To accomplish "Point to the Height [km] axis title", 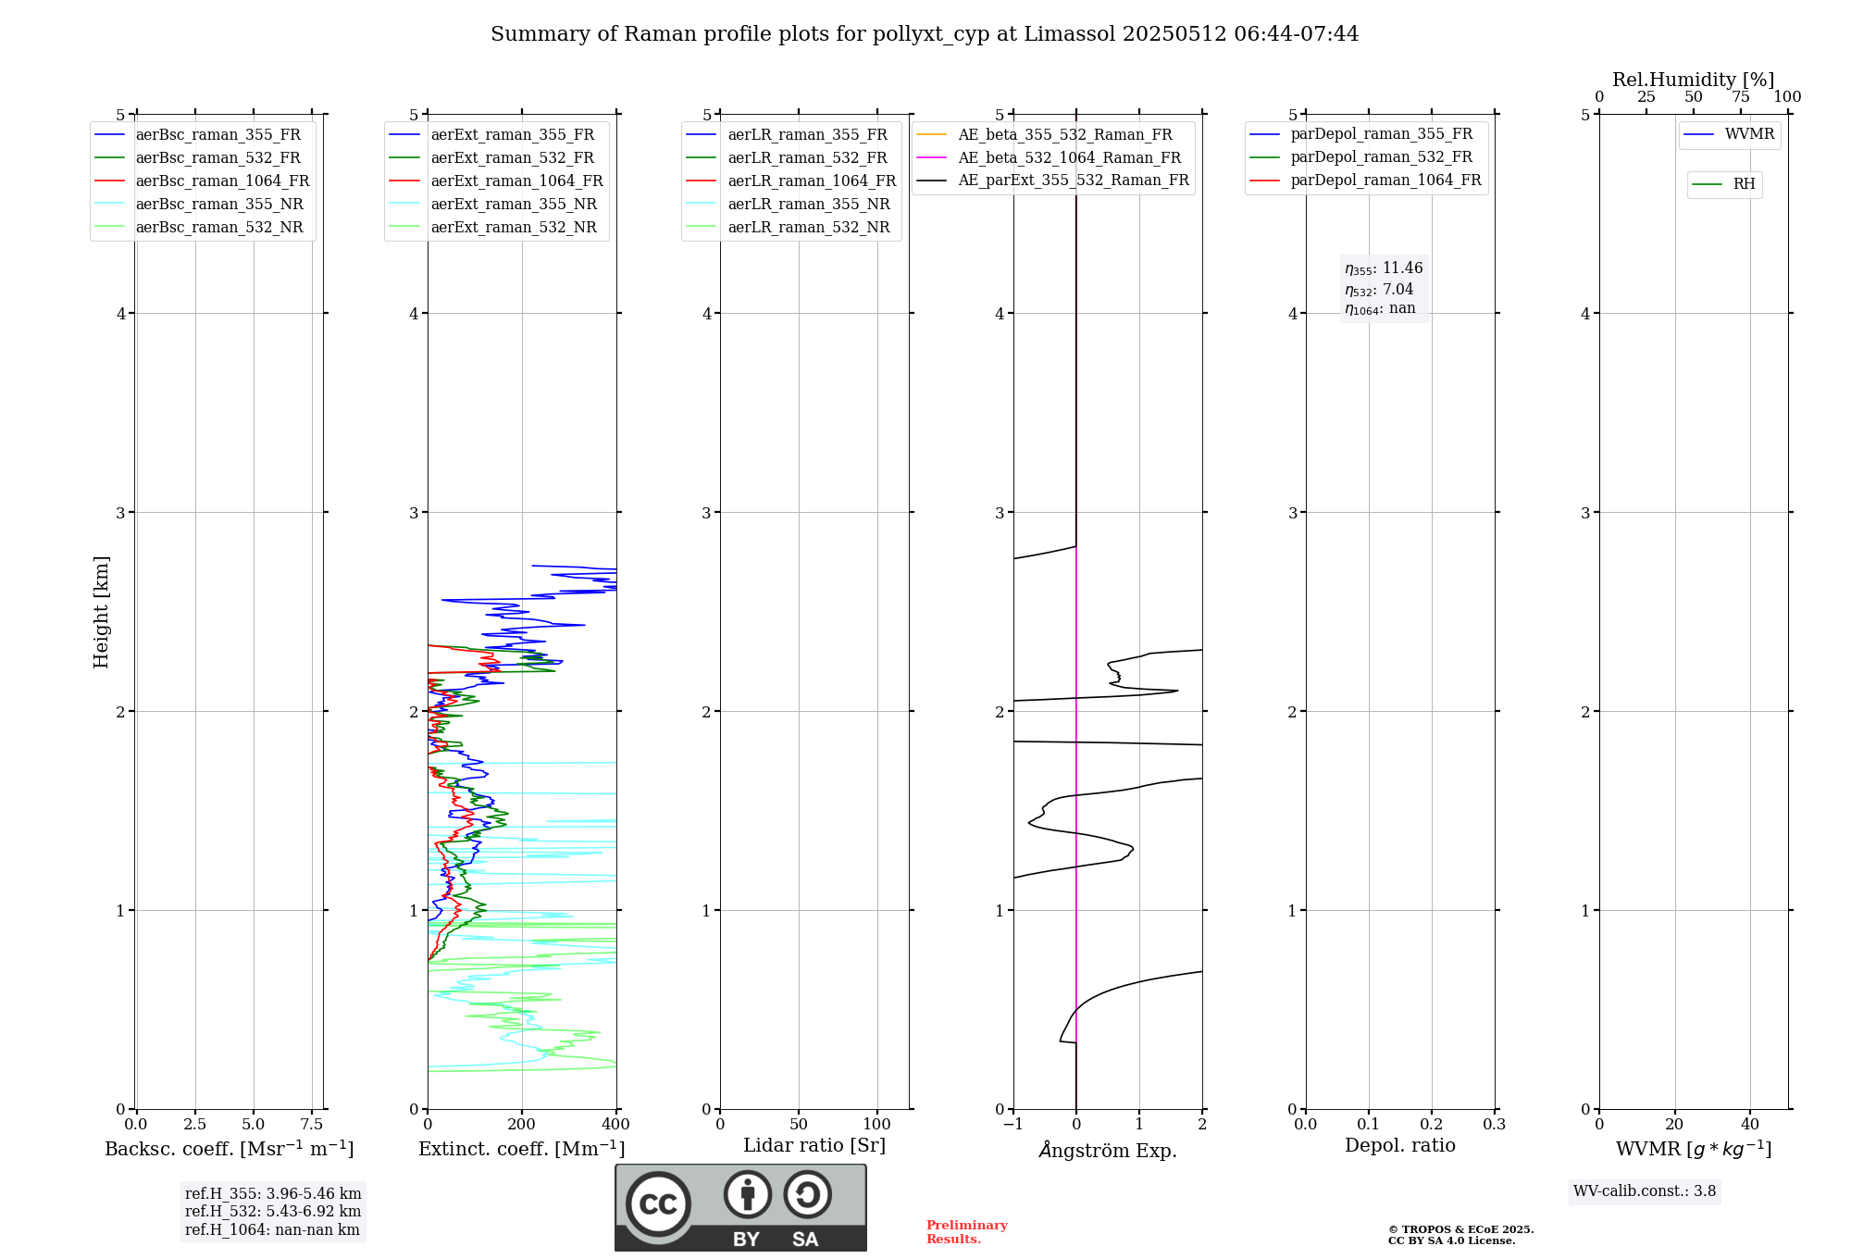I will pyautogui.click(x=101, y=612).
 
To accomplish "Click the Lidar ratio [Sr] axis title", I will pyautogui.click(x=814, y=1146).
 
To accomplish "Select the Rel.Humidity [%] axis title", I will pyautogui.click(x=1693, y=80).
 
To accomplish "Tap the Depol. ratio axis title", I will pyautogui.click(x=1399, y=1146).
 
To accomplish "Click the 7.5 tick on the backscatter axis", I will pyautogui.click(x=312, y=1125).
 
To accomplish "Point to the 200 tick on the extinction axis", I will pyautogui.click(x=522, y=1125).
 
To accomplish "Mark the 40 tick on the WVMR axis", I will pyautogui.click(x=1749, y=1125).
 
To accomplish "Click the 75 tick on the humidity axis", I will pyautogui.click(x=1740, y=97).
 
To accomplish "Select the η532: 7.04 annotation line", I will pyautogui.click(x=1379, y=290).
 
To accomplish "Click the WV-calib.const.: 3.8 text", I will pyautogui.click(x=1645, y=1191).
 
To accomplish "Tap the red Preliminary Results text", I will pyautogui.click(x=966, y=1232).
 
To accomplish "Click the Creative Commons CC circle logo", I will pyautogui.click(x=658, y=1204).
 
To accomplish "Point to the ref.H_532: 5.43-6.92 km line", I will pyautogui.click(x=273, y=1212).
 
